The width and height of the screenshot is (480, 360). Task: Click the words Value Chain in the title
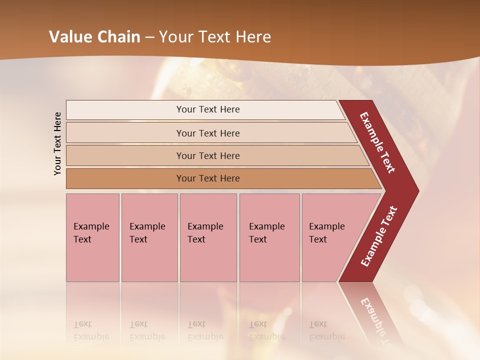click(x=94, y=37)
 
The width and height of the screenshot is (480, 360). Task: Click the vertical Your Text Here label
click(x=57, y=143)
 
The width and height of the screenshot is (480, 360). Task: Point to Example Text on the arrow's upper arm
click(x=377, y=142)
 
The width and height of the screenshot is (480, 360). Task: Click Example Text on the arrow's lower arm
click(x=379, y=236)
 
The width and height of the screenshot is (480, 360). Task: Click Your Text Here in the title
click(x=215, y=37)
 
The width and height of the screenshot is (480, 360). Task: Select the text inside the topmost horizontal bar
click(x=208, y=109)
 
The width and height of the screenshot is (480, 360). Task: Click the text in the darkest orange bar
click(x=208, y=178)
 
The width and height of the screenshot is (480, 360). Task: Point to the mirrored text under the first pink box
click(x=91, y=330)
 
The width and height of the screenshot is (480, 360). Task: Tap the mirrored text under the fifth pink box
click(x=326, y=330)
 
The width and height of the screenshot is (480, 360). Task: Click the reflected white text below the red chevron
click(x=377, y=320)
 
